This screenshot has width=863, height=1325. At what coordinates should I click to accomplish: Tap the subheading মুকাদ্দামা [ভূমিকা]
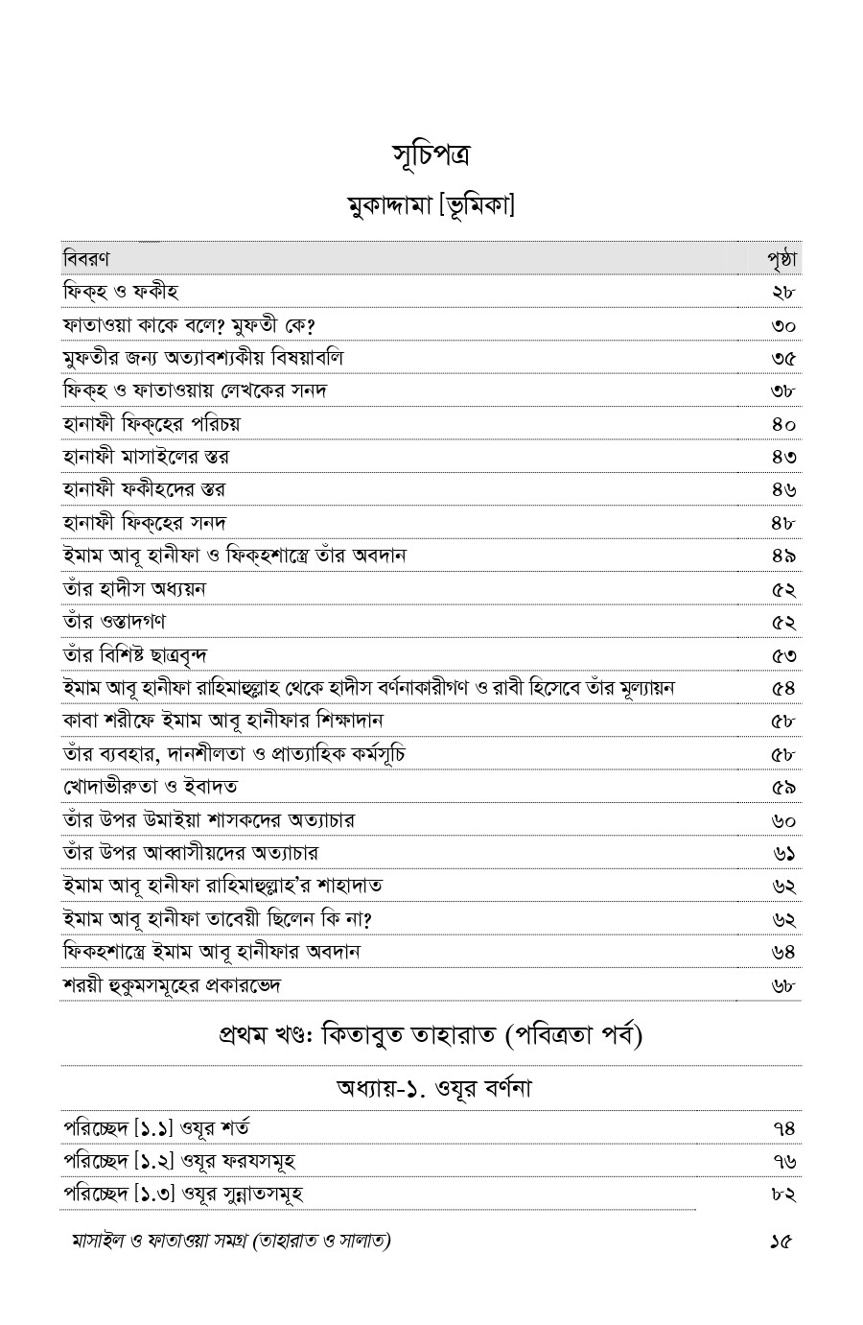tap(431, 205)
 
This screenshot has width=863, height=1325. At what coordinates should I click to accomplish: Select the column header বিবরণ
tap(86, 259)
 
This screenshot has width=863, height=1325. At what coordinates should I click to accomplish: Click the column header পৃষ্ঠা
tap(782, 259)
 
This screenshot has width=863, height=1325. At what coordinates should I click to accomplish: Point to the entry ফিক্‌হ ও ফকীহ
tap(121, 292)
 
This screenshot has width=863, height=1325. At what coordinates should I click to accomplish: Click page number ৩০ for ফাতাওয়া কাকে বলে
tap(783, 325)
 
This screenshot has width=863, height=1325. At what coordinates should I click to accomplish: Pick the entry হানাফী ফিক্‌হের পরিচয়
tap(152, 423)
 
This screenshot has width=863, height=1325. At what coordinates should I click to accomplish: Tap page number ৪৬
tap(783, 489)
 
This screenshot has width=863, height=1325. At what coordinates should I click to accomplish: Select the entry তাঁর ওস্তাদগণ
tap(114, 621)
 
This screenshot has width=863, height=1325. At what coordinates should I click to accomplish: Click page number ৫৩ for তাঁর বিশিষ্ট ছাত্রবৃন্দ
tap(783, 654)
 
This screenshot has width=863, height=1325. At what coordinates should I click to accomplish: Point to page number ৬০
tap(783, 820)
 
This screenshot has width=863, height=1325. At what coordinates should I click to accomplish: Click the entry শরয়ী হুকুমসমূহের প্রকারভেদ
tap(172, 985)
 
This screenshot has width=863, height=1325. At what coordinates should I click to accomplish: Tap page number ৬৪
tap(783, 952)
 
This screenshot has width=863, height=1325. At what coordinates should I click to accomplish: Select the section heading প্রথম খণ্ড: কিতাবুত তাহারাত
tap(431, 1036)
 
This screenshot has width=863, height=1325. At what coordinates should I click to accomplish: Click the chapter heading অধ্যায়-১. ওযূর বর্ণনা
tap(433, 1089)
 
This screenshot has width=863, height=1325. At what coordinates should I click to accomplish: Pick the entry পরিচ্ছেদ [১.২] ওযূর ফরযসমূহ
tap(179, 1161)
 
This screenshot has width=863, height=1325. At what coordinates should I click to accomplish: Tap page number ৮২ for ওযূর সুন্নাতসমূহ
tap(783, 1195)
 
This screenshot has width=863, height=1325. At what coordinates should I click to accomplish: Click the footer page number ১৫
tap(781, 1242)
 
